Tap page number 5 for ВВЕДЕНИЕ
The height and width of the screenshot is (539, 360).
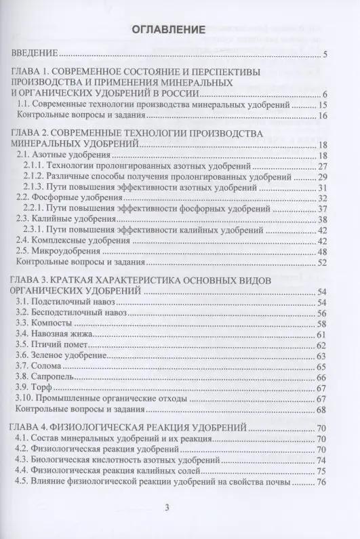point(325,55)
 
